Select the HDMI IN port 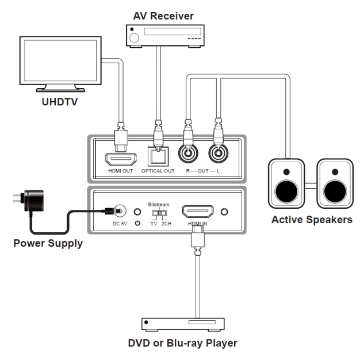(197, 212)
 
